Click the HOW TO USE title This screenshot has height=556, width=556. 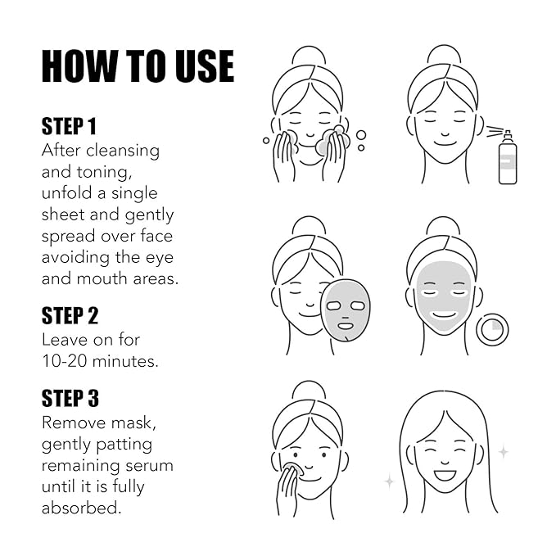[x=138, y=66]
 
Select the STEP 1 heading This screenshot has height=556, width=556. [x=70, y=126]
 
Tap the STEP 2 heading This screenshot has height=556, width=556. [x=70, y=315]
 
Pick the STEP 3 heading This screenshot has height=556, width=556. [x=70, y=398]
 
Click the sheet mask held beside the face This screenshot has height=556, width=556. [x=345, y=310]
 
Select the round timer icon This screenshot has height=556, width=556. [x=492, y=329]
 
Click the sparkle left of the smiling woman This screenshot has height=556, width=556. [x=389, y=481]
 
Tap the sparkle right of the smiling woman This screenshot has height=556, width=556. [x=503, y=451]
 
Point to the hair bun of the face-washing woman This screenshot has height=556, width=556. [x=308, y=56]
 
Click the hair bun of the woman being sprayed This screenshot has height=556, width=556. [x=443, y=56]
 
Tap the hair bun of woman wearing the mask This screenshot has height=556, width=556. [x=443, y=226]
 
